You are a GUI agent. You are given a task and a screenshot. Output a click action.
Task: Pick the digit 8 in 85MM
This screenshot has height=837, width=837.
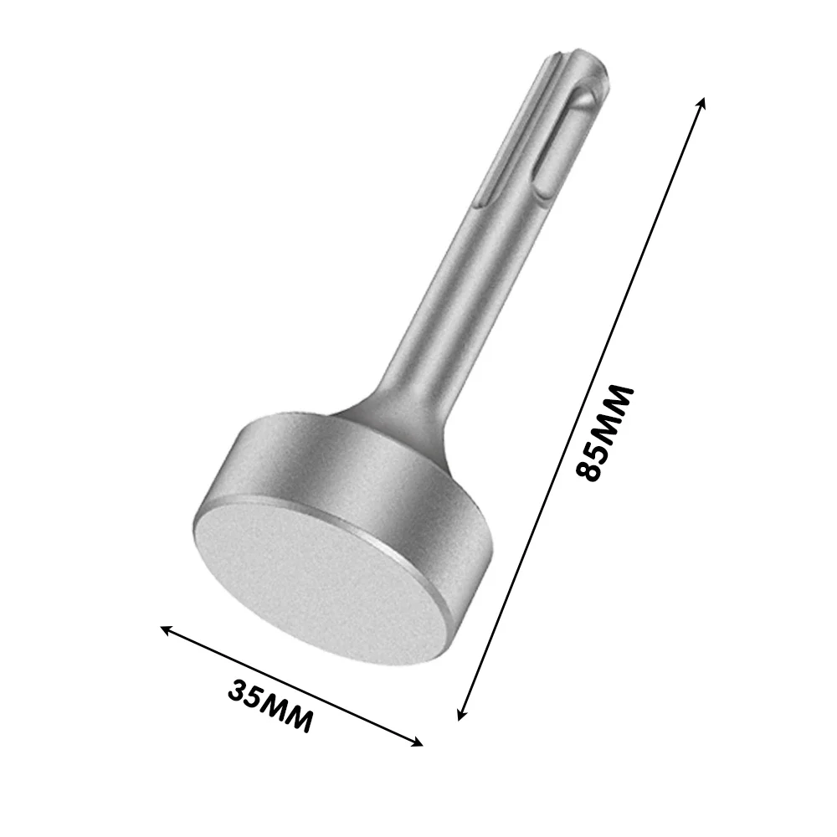(x=592, y=469)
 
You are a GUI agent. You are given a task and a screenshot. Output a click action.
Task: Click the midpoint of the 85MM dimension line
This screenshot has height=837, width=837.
(x=581, y=408)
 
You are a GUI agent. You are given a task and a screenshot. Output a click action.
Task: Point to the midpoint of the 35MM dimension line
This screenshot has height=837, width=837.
(x=292, y=686)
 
